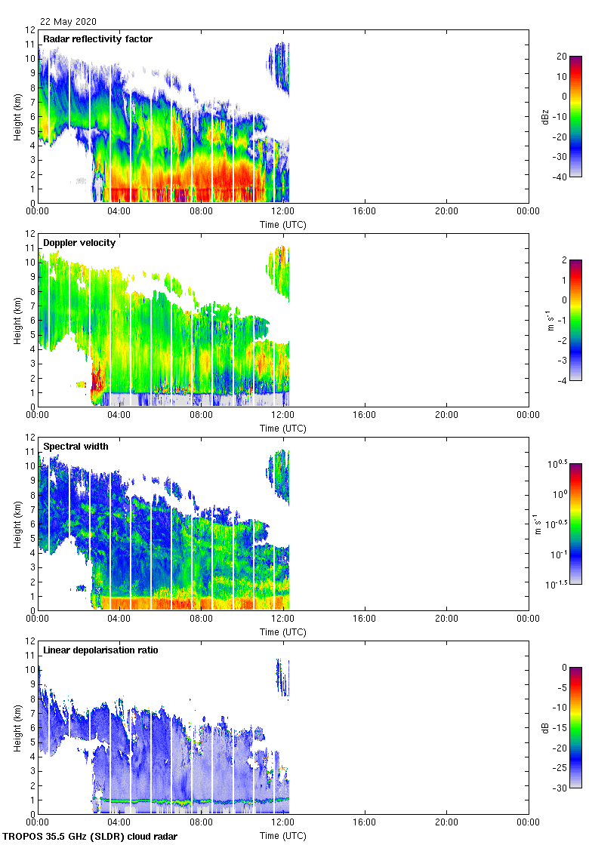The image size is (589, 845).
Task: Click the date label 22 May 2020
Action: pos(68,22)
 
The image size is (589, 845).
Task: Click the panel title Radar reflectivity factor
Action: pos(97,38)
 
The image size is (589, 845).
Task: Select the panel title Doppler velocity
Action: pos(79,242)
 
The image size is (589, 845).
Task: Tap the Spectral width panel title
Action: pos(76,446)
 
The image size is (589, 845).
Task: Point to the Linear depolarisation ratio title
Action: pos(100,650)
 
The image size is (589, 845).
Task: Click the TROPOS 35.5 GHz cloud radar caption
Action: pos(91,837)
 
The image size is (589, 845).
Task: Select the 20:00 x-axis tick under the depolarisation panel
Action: pos(446,823)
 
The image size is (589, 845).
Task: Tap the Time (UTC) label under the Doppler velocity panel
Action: pos(283,428)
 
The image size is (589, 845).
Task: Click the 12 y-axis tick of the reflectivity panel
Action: pos(31,30)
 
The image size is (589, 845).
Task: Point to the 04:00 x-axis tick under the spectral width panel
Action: pos(119,619)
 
